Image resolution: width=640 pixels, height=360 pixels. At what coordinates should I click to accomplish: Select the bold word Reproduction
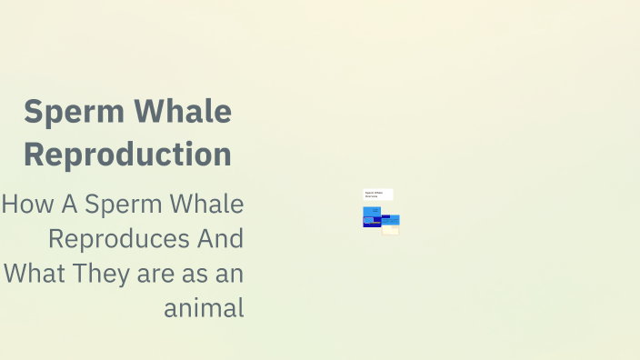pos(127,154)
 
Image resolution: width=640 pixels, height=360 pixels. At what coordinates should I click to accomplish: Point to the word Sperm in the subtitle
pos(118,205)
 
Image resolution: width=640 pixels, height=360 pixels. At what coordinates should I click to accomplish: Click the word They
pos(97,274)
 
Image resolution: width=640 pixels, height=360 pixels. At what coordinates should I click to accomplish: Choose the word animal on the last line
pos(205,308)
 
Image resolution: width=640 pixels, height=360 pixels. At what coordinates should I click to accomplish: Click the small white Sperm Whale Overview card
pos(377,195)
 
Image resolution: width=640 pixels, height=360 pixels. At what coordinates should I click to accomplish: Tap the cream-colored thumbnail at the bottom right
pos(391,230)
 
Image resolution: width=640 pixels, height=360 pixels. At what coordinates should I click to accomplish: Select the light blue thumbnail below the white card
pos(372,212)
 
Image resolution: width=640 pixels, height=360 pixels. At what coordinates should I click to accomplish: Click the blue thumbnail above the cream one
pos(391,219)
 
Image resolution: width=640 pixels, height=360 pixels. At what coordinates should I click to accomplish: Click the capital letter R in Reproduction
pos(35,154)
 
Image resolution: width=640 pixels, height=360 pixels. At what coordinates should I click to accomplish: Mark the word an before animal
pos(229,274)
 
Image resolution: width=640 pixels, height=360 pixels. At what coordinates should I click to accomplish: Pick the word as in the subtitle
pos(195,274)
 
